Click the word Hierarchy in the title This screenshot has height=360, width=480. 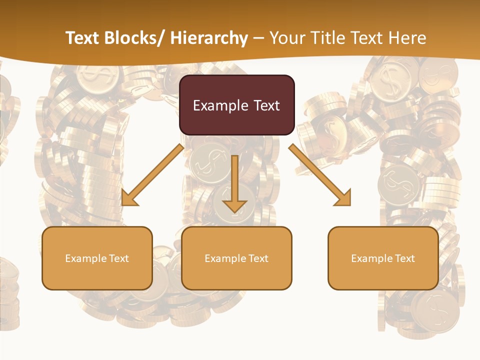(x=209, y=38)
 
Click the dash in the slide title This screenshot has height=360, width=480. (x=258, y=38)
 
